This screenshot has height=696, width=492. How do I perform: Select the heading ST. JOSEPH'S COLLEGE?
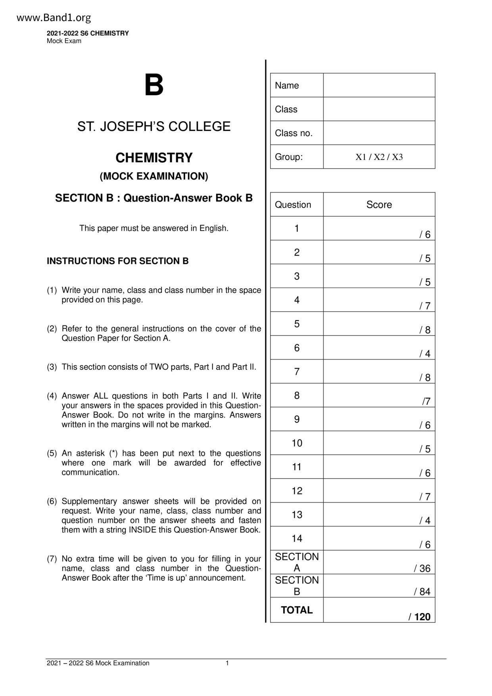[154, 127]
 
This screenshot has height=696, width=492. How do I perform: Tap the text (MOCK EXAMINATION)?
[154, 176]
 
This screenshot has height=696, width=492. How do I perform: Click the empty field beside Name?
[379, 85]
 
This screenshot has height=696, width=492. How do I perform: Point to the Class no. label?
[294, 133]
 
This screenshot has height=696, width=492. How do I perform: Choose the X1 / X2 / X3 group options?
[379, 157]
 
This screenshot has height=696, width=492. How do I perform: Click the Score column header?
[379, 205]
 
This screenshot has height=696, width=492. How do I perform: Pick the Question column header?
[293, 205]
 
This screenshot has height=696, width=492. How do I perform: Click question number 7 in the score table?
[297, 372]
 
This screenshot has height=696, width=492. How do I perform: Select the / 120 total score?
[420, 617]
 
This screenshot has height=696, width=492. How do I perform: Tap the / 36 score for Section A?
[422, 569]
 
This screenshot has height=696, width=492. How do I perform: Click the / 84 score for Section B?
[422, 592]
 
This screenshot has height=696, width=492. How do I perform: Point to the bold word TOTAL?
[297, 610]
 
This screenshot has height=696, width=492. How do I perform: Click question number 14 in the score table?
[297, 538]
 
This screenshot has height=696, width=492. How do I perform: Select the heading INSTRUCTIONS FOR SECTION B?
[118, 261]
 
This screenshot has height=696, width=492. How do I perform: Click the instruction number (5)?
[52, 453]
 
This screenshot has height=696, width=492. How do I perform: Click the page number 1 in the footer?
[227, 663]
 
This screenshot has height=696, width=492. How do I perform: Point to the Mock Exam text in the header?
[64, 41]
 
